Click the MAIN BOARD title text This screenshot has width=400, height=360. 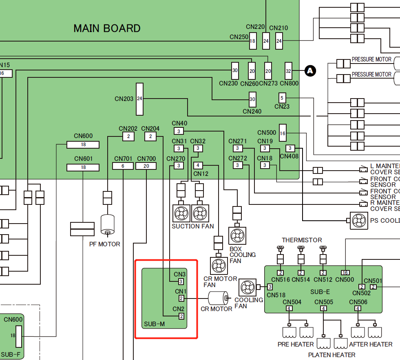pyautogui.click(x=107, y=28)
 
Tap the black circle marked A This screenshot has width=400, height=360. pyautogui.click(x=310, y=71)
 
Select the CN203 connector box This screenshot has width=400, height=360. pyautogui.click(x=140, y=99)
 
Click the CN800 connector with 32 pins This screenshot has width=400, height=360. pyautogui.click(x=289, y=71)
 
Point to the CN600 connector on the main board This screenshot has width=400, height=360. pyautogui.click(x=83, y=145)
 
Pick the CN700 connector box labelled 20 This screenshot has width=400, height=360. pyautogui.click(x=146, y=166)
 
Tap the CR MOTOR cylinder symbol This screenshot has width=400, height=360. pyautogui.click(x=218, y=299)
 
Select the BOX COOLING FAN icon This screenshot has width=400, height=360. pyautogui.click(x=237, y=235)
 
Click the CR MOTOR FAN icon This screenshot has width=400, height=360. pyautogui.click(x=219, y=266)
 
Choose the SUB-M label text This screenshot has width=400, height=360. pyautogui.click(x=154, y=324)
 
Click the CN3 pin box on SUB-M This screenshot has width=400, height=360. pyautogui.click(x=181, y=281)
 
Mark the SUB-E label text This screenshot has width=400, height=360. pyautogui.click(x=320, y=292)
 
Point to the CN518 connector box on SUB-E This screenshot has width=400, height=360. pyautogui.click(x=270, y=287)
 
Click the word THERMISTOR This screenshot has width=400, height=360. pyautogui.click(x=302, y=240)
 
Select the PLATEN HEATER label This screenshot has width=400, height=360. pyautogui.click(x=331, y=355)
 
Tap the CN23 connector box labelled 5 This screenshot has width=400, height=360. pyautogui.click(x=282, y=98)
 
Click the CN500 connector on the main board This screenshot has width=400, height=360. pyautogui.click(x=283, y=133)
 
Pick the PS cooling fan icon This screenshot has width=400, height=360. pyautogui.click(x=359, y=220)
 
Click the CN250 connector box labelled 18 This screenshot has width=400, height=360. pyautogui.click(x=252, y=41)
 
